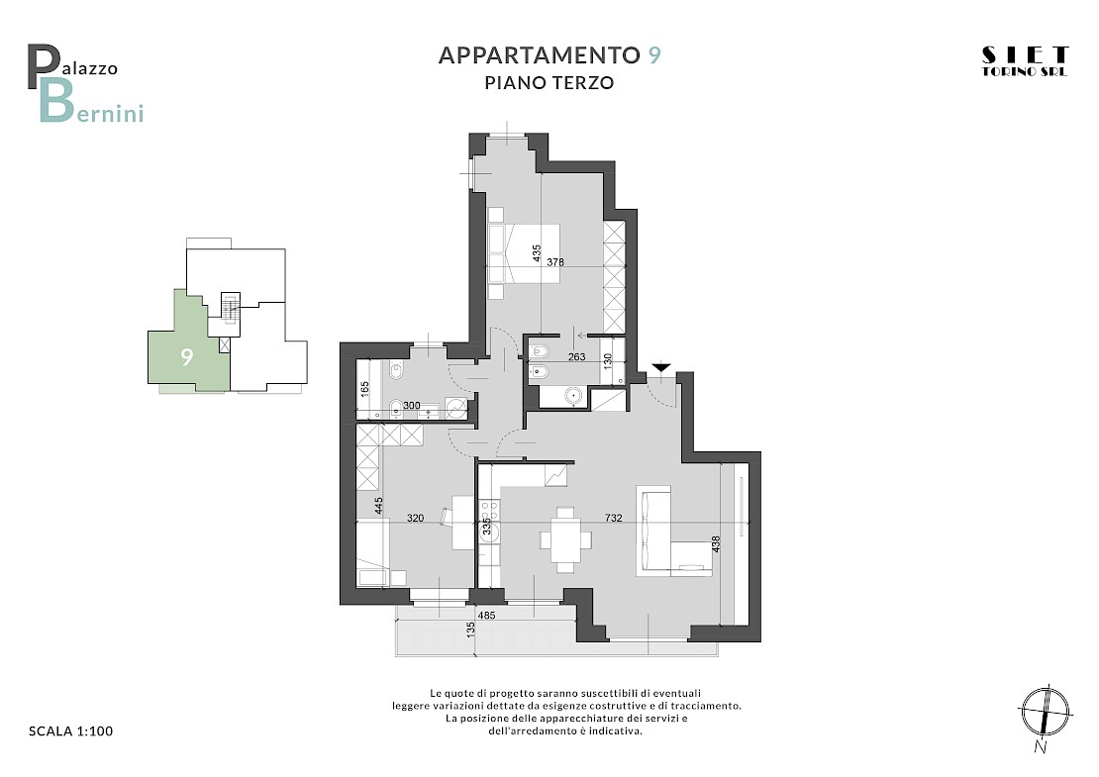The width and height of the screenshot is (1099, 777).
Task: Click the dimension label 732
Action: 613,519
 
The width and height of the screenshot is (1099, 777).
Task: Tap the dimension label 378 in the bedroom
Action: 555,262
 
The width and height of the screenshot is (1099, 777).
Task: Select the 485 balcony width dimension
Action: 486,616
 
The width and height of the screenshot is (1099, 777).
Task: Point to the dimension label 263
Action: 576,356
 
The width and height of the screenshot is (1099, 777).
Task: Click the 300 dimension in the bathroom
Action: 412,405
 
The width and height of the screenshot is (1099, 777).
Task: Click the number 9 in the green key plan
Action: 186,357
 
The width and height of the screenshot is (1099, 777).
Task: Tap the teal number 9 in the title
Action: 653,54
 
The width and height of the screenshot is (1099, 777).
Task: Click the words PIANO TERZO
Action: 549,83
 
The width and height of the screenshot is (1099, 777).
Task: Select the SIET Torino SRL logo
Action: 1025,61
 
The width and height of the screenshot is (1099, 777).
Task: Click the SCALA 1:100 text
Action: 70,730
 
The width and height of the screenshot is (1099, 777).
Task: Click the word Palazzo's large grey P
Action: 42,66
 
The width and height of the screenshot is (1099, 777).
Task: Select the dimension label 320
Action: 415,519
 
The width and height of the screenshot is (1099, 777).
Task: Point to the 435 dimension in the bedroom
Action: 537,253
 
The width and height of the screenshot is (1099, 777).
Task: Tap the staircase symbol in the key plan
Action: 229,305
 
